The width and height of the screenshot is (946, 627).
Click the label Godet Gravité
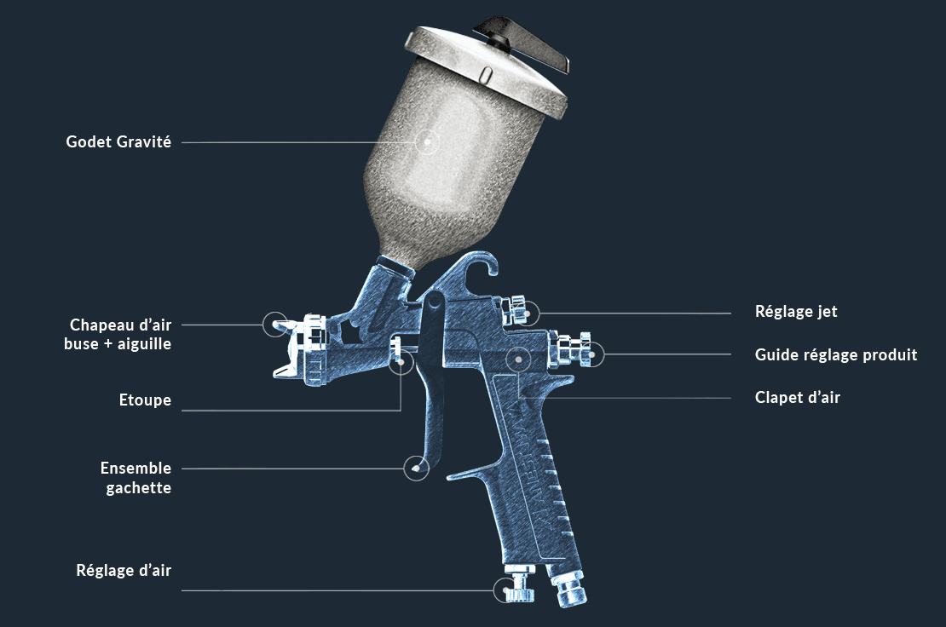118,142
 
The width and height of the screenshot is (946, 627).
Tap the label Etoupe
145,400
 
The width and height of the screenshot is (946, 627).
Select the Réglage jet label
796,312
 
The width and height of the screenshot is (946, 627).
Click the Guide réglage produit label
835,354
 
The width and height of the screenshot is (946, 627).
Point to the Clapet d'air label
797,397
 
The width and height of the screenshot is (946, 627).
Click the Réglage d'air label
124,570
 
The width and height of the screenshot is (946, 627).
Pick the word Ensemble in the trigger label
136,468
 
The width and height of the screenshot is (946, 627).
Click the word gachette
139,488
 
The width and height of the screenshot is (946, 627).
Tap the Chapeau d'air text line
121,325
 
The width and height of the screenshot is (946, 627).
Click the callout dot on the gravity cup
427,142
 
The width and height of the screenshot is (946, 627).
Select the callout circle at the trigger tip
416,468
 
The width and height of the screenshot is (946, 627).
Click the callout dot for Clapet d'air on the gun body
519,360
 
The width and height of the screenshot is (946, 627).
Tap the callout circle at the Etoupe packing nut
401,362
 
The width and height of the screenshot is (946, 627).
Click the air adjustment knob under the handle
519,584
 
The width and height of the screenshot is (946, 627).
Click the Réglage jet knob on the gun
519,311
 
